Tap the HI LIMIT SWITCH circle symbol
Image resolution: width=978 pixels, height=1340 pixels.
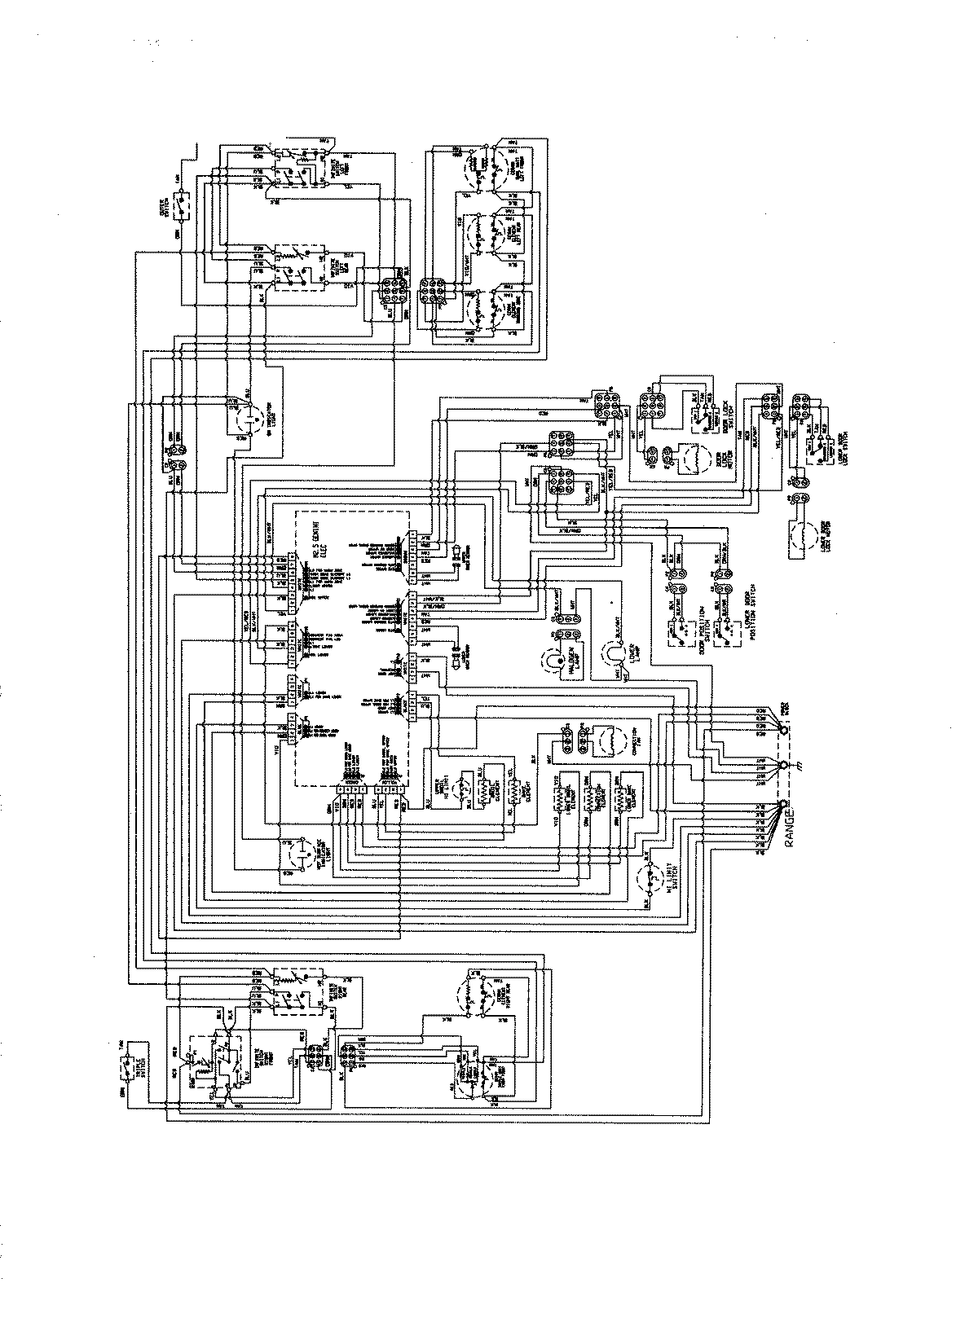coord(650,881)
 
